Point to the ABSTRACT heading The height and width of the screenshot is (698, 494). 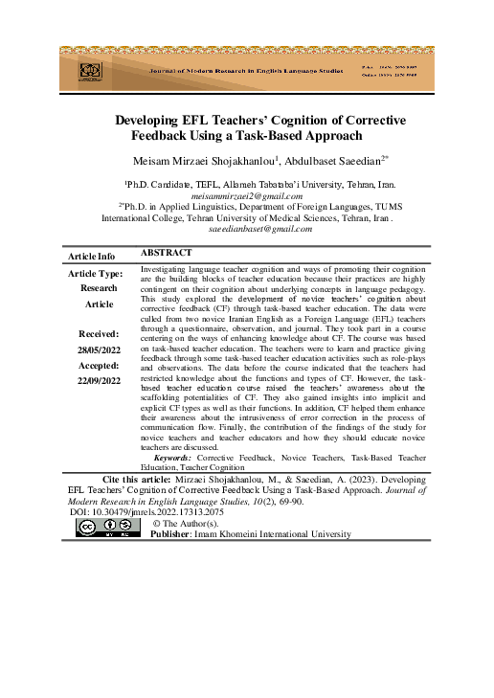pos(168,253)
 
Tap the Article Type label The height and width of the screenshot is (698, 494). pos(95,274)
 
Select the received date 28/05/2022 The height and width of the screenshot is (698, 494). pos(99,350)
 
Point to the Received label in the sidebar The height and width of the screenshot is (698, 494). pos(99,333)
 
